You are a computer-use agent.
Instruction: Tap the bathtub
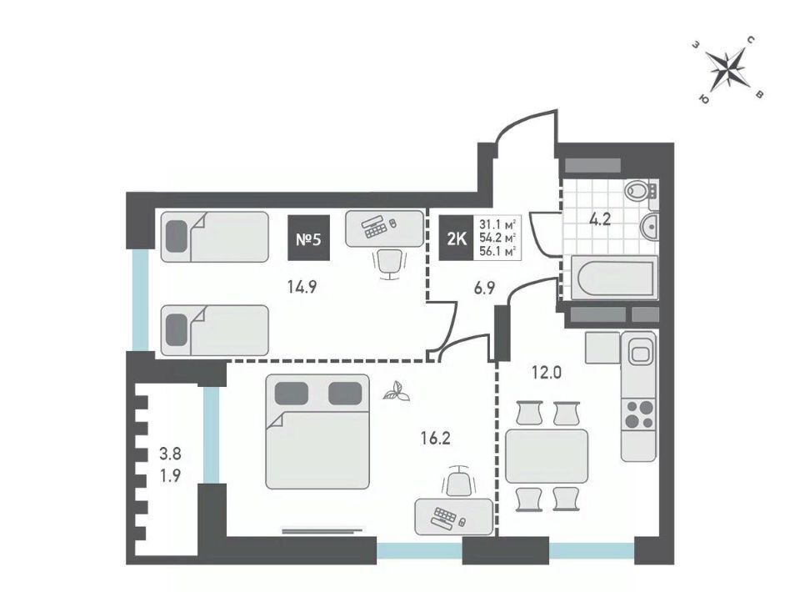(x=614, y=278)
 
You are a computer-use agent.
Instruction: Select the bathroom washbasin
(x=649, y=225)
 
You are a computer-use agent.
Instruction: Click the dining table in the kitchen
(x=547, y=456)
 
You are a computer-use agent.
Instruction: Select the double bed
(x=317, y=432)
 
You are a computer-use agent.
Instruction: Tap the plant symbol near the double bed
(x=397, y=393)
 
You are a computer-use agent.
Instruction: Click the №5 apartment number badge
(x=308, y=238)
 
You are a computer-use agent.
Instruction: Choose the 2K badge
(x=457, y=238)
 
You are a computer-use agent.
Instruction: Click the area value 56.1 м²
(x=497, y=251)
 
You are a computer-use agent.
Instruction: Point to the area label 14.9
(x=302, y=287)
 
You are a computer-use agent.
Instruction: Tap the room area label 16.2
(x=435, y=438)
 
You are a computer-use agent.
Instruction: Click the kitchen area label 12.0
(x=547, y=373)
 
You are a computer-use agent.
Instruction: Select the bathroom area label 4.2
(x=600, y=220)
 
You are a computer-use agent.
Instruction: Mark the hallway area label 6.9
(x=484, y=288)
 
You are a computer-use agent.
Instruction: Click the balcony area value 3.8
(x=170, y=454)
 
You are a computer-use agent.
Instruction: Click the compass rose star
(x=727, y=68)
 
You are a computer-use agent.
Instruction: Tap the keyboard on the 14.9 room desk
(x=375, y=228)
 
